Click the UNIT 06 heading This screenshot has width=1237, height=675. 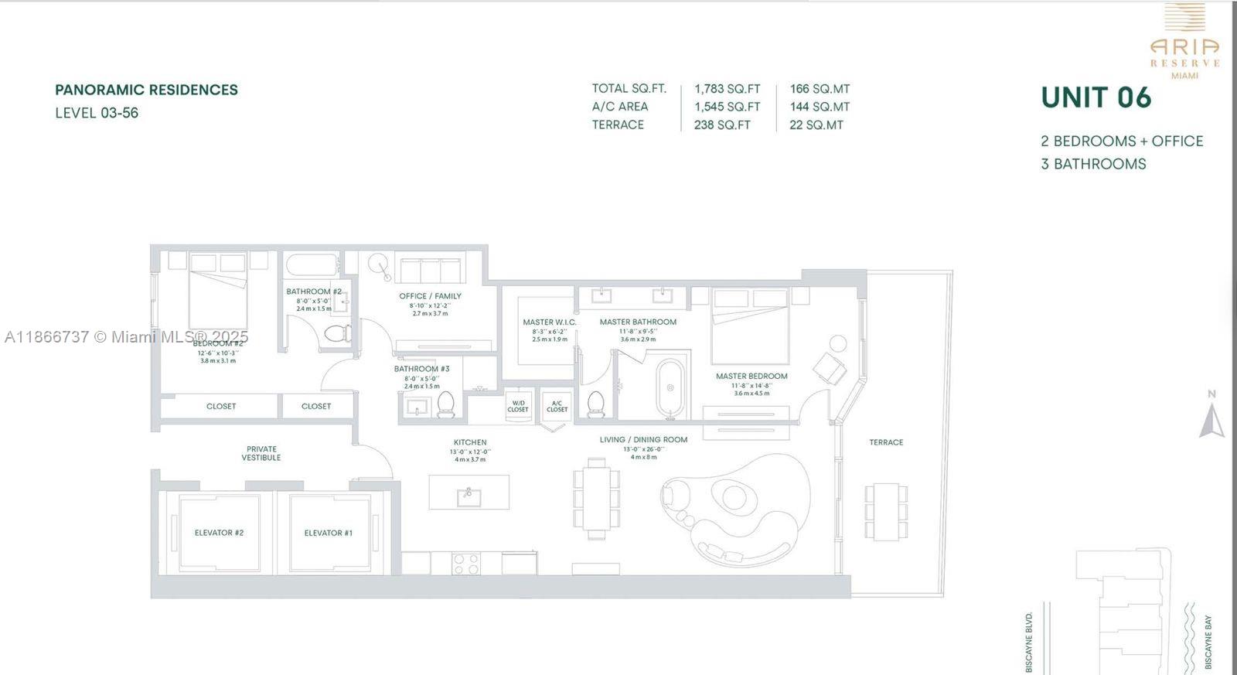pyautogui.click(x=1096, y=97)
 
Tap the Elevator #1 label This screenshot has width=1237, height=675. pyautogui.click(x=328, y=533)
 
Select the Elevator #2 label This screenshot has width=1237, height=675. pyautogui.click(x=219, y=533)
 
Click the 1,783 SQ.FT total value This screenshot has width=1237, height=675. pyautogui.click(x=727, y=89)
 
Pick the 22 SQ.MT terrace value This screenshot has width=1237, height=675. pyautogui.click(x=816, y=124)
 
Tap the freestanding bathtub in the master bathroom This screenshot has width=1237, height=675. pyautogui.click(x=670, y=387)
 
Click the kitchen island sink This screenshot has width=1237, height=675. pyautogui.click(x=469, y=496)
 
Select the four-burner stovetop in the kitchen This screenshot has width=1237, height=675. pyautogui.click(x=466, y=564)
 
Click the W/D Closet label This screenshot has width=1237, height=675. pyautogui.click(x=518, y=406)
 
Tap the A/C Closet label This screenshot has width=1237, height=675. pyautogui.click(x=557, y=406)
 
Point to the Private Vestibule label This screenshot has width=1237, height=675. pyautogui.click(x=261, y=453)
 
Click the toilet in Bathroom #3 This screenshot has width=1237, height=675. pyautogui.click(x=446, y=404)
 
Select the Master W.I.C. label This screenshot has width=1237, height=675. pyautogui.click(x=549, y=322)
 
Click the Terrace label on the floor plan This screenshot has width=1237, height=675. pyautogui.click(x=886, y=442)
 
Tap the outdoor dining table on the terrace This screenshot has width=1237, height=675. pyautogui.click(x=886, y=511)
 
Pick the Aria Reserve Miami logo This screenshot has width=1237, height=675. pyautogui.click(x=1184, y=43)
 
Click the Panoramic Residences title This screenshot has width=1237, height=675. pyautogui.click(x=146, y=90)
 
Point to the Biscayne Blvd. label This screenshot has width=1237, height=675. pyautogui.click(x=1029, y=642)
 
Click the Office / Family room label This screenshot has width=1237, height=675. pyautogui.click(x=430, y=296)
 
